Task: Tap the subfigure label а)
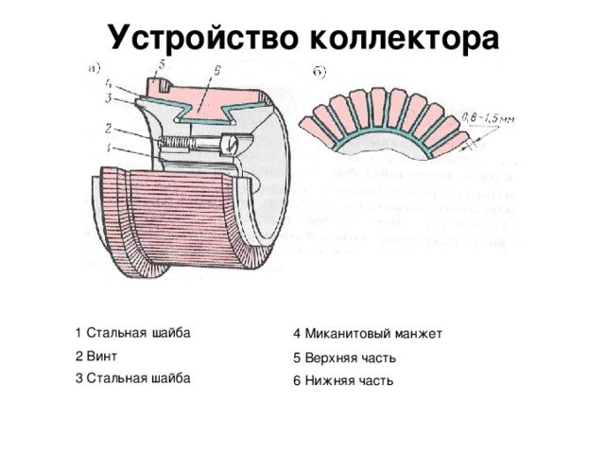click(x=95, y=66)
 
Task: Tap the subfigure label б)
click(x=321, y=71)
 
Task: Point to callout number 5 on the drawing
click(x=160, y=63)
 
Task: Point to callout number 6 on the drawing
click(x=218, y=71)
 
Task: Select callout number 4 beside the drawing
click(x=110, y=84)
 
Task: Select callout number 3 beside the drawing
click(x=109, y=97)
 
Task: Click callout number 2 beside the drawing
click(x=109, y=129)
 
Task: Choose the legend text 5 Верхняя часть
click(x=344, y=358)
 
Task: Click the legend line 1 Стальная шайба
click(x=132, y=332)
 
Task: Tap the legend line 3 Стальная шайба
click(x=132, y=377)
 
